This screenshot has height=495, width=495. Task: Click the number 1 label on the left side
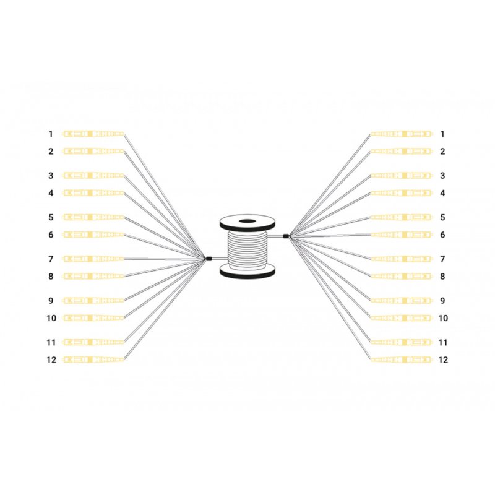pos(51,134)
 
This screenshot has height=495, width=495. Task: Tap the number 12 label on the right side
pos(442,359)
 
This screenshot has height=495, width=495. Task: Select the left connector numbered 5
pos(93,218)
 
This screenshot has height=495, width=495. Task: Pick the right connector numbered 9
pos(400,300)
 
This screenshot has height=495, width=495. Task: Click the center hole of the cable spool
pos(248,222)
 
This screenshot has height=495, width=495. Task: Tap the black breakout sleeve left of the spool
pos(209,259)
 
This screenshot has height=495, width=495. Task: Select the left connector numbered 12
pos(93,359)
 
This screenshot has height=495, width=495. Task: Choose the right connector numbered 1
pos(400,134)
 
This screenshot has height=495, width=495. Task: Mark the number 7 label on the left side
pos(51,259)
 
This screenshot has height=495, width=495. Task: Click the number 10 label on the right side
pos(442,318)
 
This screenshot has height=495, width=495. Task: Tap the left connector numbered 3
pos(93,176)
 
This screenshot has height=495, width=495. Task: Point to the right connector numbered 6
pos(400,235)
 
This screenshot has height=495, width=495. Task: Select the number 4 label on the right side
pos(442,193)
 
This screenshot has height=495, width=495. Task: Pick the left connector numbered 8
pos(93,276)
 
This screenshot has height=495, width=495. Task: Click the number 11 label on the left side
pos(51,342)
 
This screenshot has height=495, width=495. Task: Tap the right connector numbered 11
pos(400,342)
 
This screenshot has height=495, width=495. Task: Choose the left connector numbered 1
pos(93,134)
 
